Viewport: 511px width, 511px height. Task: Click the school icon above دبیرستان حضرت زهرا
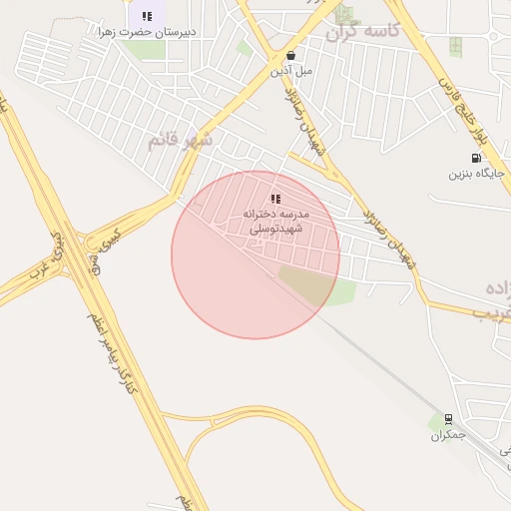[x=148, y=16]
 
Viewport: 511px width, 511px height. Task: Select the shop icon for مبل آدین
[x=290, y=56]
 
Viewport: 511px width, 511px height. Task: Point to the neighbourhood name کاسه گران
[x=362, y=32]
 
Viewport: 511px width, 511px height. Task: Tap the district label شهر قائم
[x=181, y=141]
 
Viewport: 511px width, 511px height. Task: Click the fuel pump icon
[x=476, y=157]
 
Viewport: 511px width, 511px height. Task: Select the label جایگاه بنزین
[x=471, y=174]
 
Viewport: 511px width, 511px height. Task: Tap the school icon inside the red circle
[x=275, y=199]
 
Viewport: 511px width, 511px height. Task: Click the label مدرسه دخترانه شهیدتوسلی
[x=276, y=222]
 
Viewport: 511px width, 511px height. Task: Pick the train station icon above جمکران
[x=448, y=419]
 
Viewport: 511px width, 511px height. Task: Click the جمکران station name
[x=448, y=436]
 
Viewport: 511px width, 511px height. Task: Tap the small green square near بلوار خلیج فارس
[x=455, y=46]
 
